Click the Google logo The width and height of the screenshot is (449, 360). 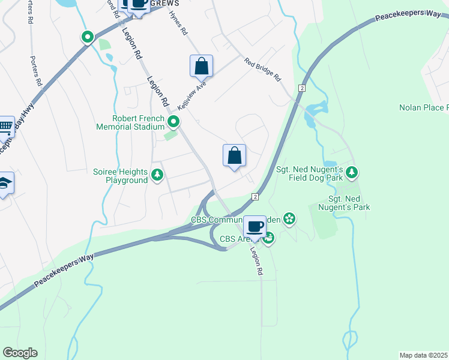coord(20,352)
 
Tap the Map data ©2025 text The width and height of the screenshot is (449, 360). coord(424,355)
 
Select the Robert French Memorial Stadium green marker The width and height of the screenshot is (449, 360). coord(173,122)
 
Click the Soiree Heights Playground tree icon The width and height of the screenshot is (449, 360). coord(157,175)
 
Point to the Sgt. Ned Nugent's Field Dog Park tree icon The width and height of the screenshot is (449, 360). coord(352,173)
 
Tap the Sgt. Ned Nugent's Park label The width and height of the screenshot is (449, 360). coord(349,203)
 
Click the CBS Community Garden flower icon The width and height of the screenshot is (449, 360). coord(289,218)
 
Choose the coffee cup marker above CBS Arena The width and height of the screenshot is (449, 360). coord(255,226)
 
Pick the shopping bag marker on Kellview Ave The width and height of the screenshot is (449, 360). coord(202,66)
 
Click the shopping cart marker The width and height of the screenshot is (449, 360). coord(5,127)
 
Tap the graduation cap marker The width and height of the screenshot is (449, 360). coord(4,183)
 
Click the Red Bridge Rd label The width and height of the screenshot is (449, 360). coord(262,70)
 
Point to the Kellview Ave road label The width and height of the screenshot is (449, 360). coord(196,94)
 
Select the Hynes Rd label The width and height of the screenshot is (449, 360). coord(178,25)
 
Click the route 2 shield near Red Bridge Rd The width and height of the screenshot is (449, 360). coord(301,88)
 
